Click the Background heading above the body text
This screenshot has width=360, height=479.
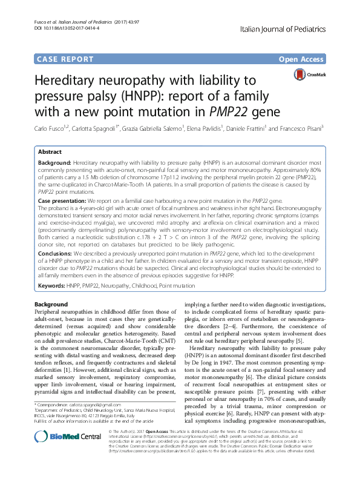tap(51, 303)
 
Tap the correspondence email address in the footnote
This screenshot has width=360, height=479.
tap(91, 404)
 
